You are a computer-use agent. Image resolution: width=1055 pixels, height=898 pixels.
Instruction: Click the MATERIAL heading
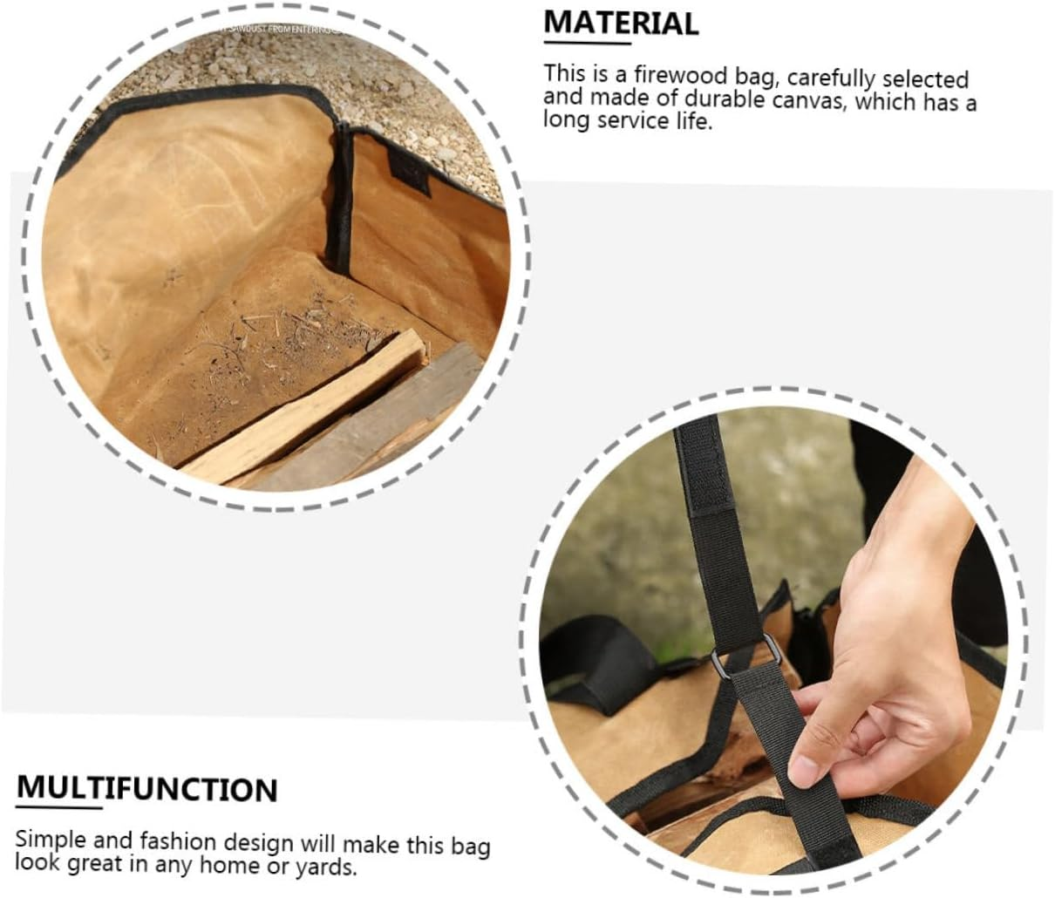click(621, 23)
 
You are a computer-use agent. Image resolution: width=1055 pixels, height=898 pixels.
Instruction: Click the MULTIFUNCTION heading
click(146, 788)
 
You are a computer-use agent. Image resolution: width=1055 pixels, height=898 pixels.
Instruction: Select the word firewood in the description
click(678, 76)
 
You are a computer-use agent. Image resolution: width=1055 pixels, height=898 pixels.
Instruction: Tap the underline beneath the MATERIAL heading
click(587, 43)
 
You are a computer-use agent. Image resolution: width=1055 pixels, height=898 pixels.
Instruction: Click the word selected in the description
click(925, 78)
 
